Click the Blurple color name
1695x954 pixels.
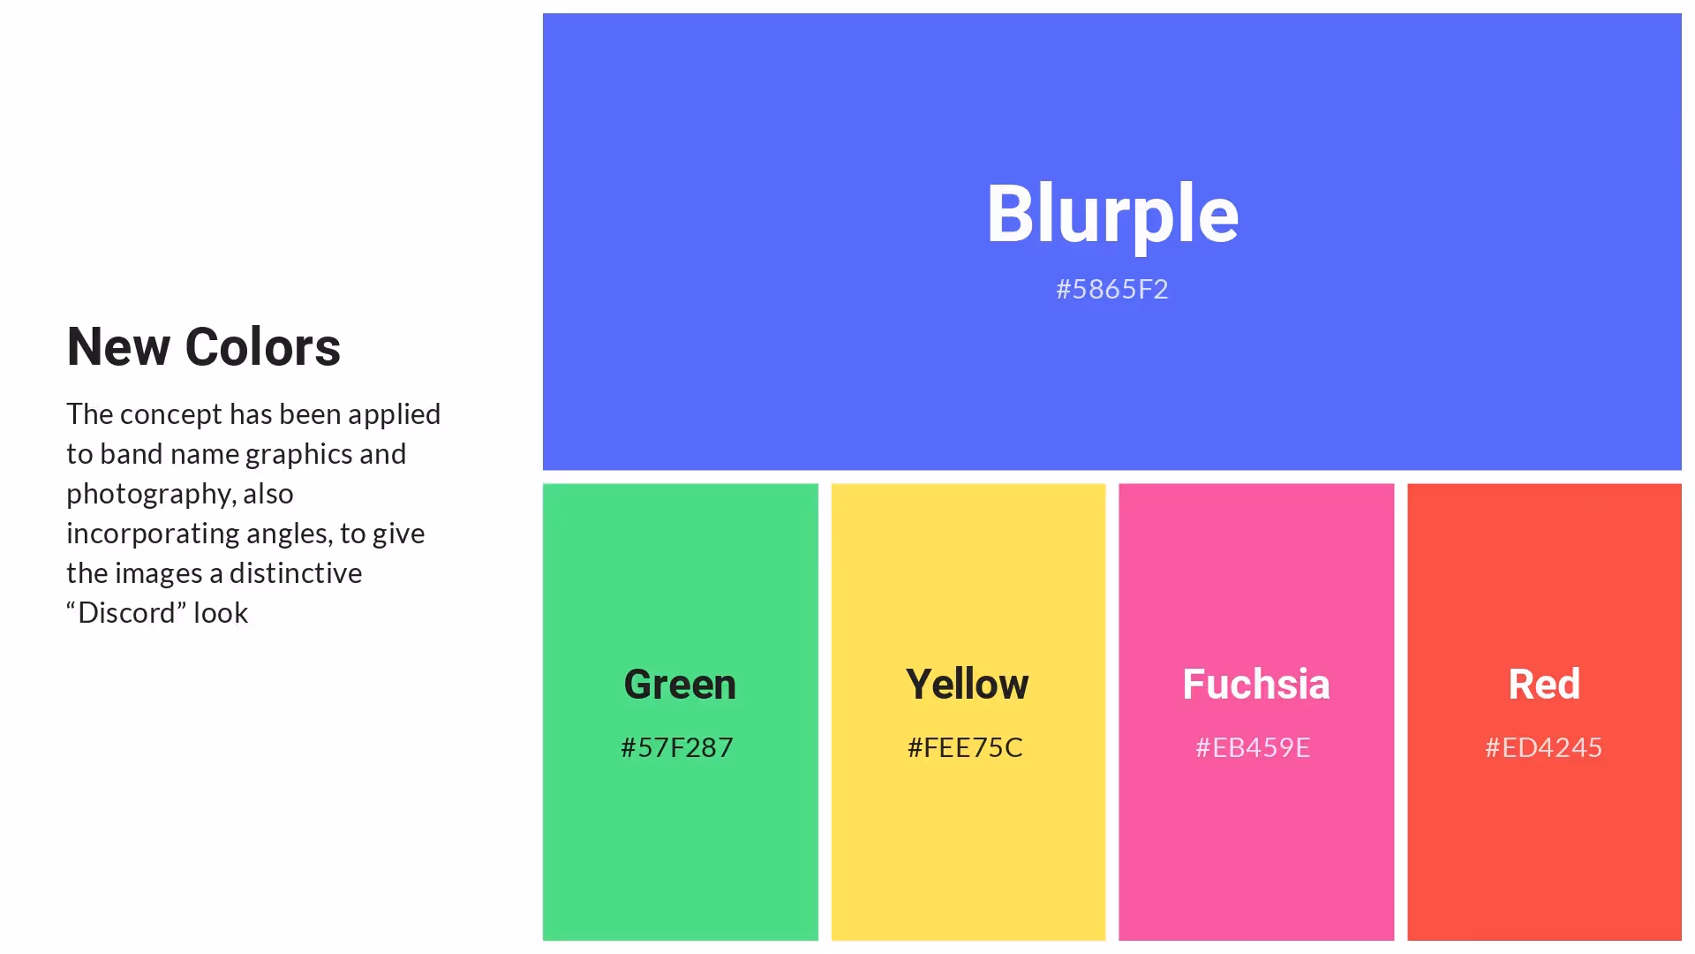1112,214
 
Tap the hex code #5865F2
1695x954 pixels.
1112,289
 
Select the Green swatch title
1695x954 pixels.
680,684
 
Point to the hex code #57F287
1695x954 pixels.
677,747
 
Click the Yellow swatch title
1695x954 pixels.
968,684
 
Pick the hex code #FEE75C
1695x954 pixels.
965,747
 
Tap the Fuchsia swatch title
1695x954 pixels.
1255,684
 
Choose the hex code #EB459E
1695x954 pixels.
1253,747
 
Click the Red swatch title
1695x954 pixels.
1544,684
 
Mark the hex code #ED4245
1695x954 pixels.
1543,747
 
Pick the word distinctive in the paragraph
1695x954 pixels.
296,573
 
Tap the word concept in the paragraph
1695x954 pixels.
170,414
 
